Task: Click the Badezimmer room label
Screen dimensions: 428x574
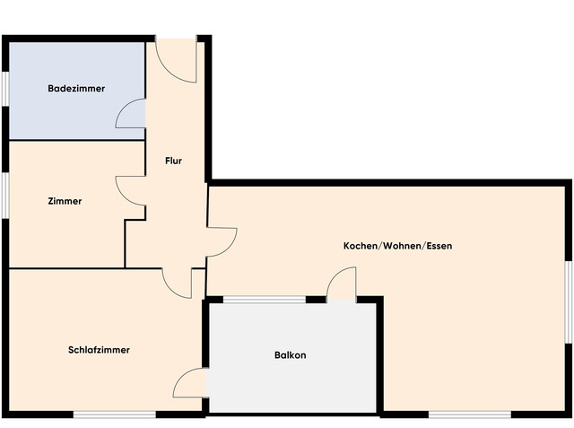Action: [x=76, y=89]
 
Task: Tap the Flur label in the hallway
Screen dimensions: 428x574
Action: [x=174, y=162]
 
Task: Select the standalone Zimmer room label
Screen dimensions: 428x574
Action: [x=65, y=202]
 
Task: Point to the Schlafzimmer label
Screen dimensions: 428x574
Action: [x=99, y=350]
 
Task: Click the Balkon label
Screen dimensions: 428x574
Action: [x=290, y=355]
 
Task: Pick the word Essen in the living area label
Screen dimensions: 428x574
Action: [x=439, y=246]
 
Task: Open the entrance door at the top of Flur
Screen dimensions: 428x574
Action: [x=178, y=59]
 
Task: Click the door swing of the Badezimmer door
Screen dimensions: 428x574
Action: [x=131, y=113]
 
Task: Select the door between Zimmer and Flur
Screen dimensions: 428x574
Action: [x=131, y=189]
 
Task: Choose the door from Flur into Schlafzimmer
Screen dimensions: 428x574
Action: [x=178, y=282]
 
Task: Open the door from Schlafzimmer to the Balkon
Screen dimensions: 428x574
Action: [x=191, y=382]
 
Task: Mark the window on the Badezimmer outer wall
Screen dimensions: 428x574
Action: [x=4, y=90]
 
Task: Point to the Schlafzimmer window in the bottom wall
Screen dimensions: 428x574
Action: [x=114, y=414]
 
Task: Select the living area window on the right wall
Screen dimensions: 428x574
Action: [x=569, y=301]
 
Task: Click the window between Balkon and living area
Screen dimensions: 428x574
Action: [x=264, y=299]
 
